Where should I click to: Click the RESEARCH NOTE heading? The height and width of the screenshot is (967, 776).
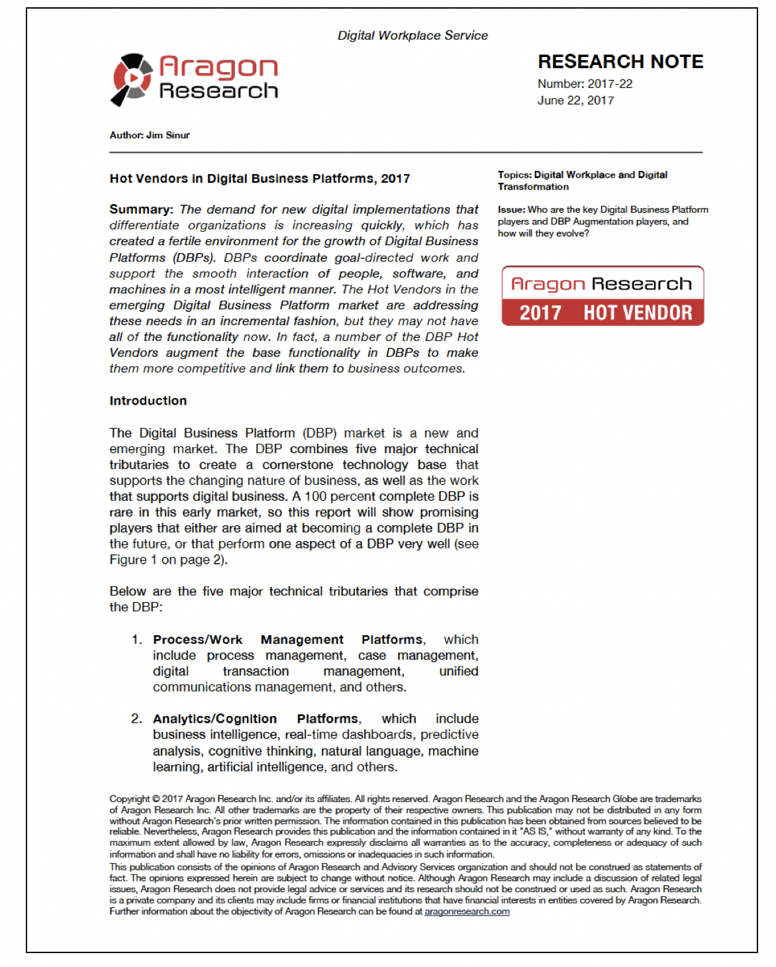click(x=620, y=62)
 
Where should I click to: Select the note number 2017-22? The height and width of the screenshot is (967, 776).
click(x=610, y=84)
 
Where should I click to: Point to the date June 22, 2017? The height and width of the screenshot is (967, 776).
click(x=575, y=101)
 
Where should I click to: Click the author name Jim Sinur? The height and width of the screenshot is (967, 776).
click(x=168, y=135)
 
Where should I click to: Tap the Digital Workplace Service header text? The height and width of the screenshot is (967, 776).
click(x=412, y=36)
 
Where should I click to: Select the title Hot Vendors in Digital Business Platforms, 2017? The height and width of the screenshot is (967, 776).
click(x=260, y=179)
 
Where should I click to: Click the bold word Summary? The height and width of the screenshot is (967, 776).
click(x=141, y=210)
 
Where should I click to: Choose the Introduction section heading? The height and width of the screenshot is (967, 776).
click(x=148, y=401)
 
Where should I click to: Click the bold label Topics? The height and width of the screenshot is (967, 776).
click(x=514, y=175)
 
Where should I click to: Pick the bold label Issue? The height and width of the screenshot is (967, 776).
click(x=512, y=210)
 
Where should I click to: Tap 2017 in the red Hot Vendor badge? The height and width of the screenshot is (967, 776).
click(x=540, y=313)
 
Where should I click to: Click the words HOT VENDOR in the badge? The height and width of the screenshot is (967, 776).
click(x=637, y=313)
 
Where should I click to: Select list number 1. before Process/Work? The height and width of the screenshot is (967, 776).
click(x=136, y=640)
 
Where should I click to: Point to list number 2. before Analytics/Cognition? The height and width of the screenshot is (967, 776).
click(x=136, y=719)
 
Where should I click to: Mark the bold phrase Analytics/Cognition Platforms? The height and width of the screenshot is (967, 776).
click(x=256, y=719)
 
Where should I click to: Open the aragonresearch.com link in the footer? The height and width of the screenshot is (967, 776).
click(x=467, y=912)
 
